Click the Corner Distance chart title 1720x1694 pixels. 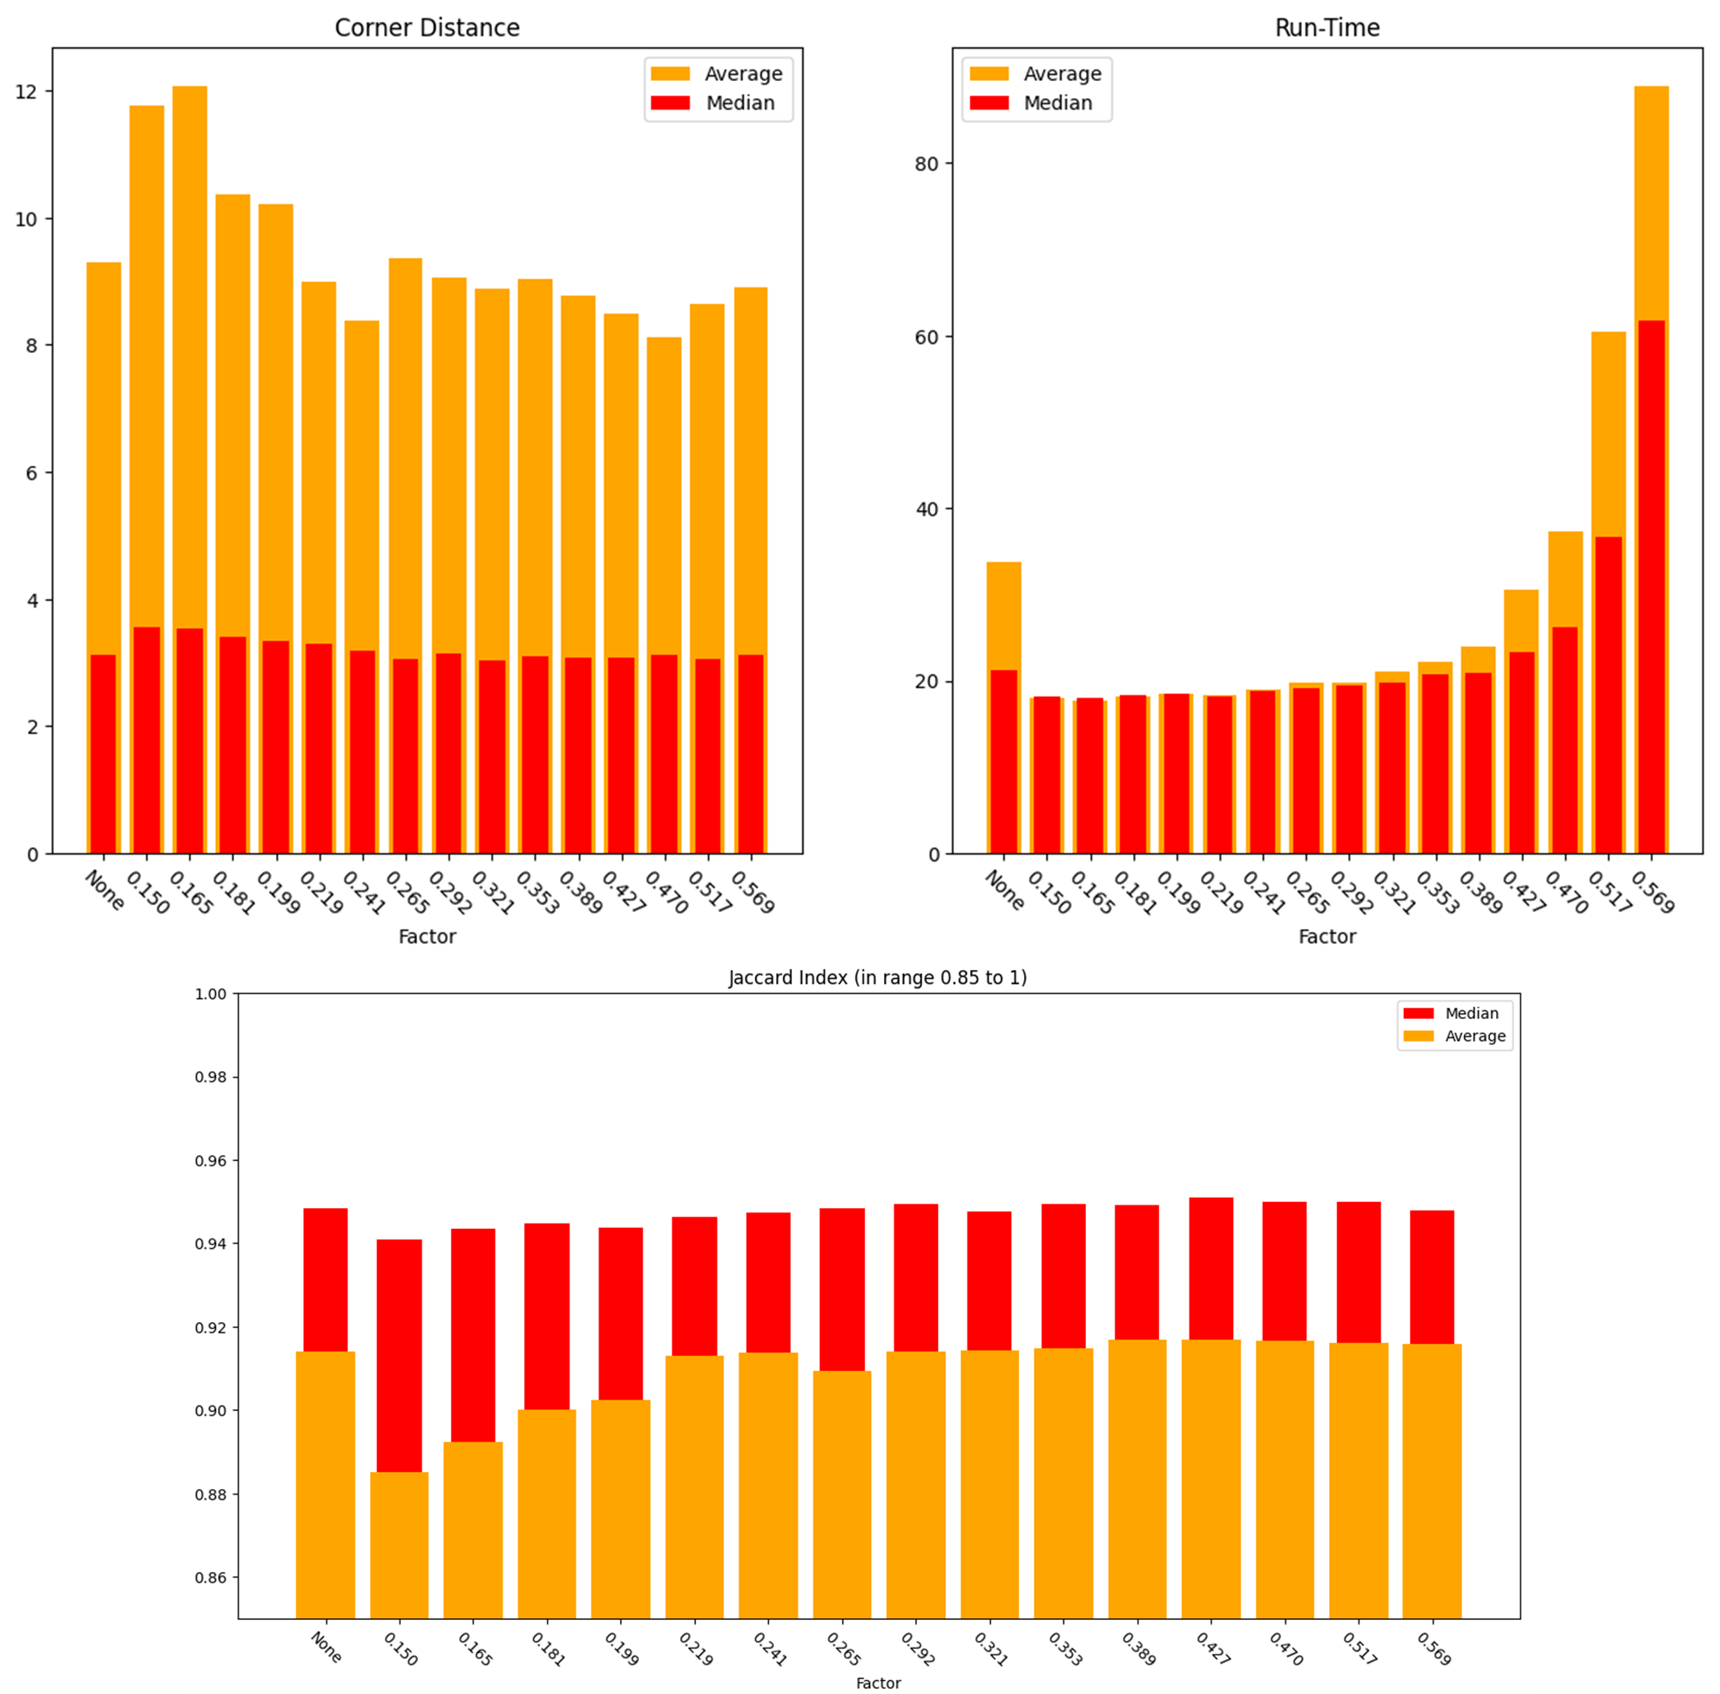tap(427, 28)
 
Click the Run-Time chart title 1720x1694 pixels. tap(1326, 28)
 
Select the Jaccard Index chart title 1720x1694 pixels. tap(877, 978)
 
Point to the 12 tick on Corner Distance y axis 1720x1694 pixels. tap(27, 91)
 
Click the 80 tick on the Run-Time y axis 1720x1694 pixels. tap(927, 164)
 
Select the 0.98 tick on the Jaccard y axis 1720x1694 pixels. tap(211, 1077)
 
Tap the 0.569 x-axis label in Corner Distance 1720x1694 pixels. tap(752, 893)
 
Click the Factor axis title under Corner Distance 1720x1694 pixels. tap(427, 937)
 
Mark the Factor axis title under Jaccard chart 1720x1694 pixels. tap(877, 1684)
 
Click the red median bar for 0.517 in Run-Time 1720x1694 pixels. tap(1608, 694)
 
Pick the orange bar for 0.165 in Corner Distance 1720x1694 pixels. tap(190, 356)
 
